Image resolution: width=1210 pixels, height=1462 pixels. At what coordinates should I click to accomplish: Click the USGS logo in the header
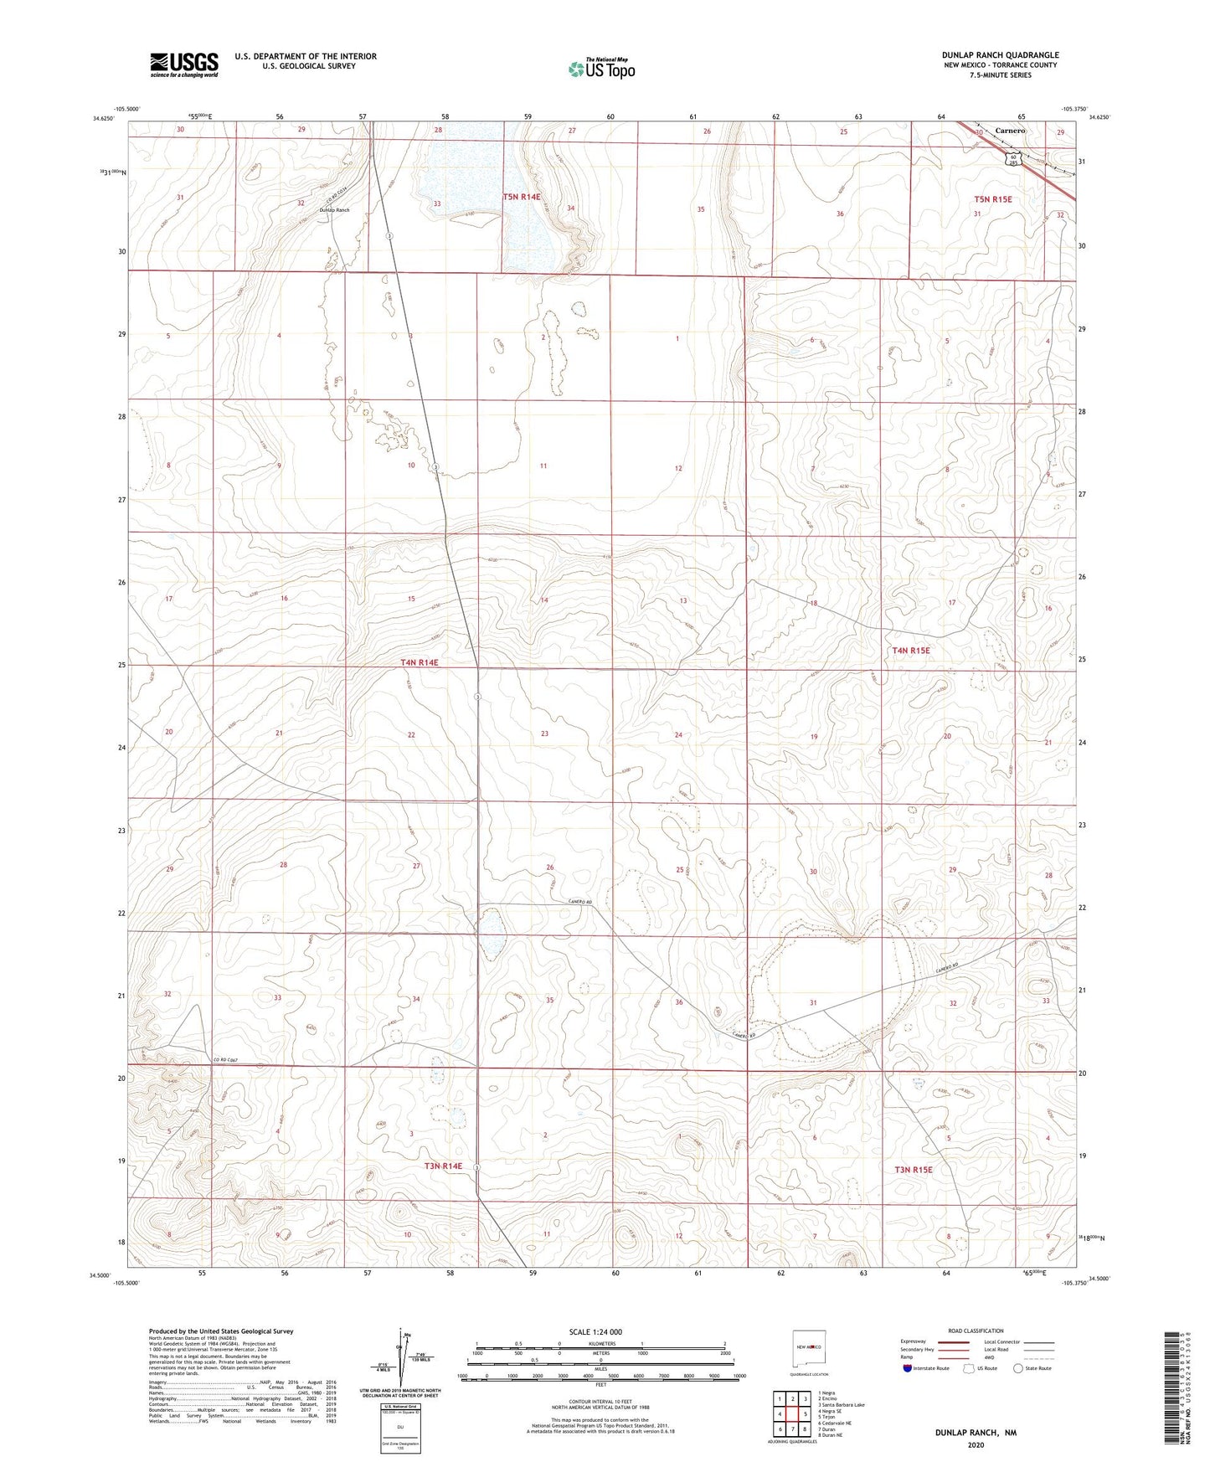point(184,64)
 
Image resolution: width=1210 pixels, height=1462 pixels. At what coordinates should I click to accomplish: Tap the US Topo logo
point(600,69)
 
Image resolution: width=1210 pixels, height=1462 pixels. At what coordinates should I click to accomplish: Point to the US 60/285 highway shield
point(1013,158)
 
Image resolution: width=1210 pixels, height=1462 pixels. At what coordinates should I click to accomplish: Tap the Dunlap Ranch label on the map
point(334,210)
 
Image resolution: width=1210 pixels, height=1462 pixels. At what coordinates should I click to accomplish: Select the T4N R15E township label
point(911,650)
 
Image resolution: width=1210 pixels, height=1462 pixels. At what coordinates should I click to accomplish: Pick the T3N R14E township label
point(443,1166)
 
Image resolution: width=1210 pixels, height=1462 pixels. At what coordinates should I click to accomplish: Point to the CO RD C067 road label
point(226,1061)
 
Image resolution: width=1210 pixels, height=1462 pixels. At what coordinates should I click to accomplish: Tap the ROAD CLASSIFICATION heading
point(976,1331)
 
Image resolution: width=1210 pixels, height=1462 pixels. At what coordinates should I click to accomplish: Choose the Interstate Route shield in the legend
point(908,1368)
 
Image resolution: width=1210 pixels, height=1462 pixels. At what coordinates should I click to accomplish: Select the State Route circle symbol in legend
point(1018,1368)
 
